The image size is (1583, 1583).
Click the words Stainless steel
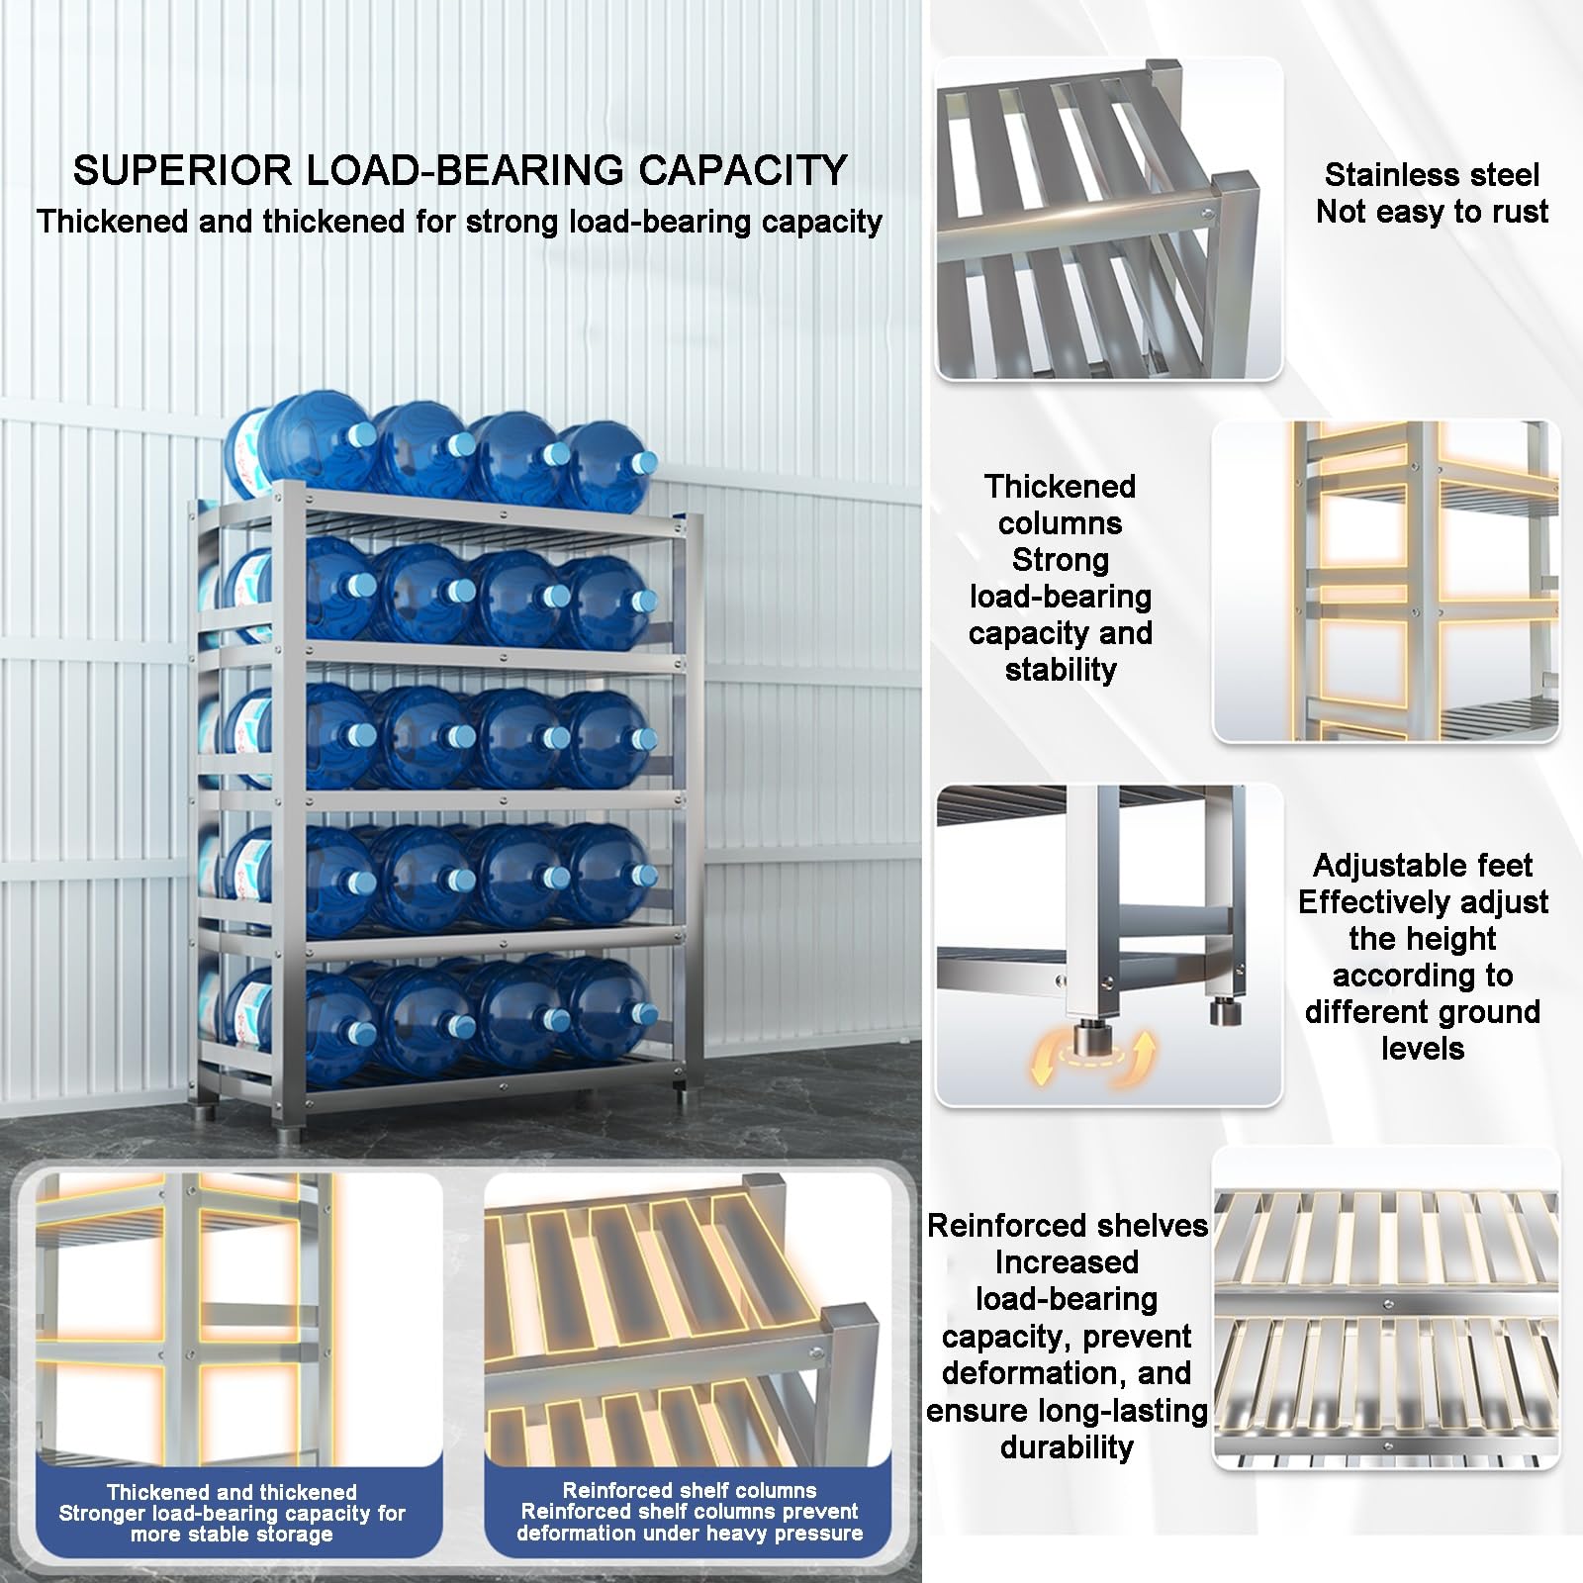pyautogui.click(x=1432, y=175)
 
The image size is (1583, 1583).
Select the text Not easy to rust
pyautogui.click(x=1432, y=212)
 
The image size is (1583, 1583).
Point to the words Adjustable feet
pyautogui.click(x=1423, y=866)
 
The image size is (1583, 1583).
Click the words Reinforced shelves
pyautogui.click(x=1068, y=1226)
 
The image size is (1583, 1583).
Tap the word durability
pyautogui.click(x=1067, y=1446)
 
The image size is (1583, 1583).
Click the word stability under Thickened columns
pyautogui.click(x=1061, y=670)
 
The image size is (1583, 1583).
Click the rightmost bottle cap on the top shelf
pyautogui.click(x=644, y=462)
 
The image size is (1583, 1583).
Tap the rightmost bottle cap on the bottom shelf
pyautogui.click(x=644, y=1013)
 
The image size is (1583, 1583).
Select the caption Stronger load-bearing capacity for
pyautogui.click(x=233, y=1513)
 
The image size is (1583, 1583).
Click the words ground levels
pyautogui.click(x=1423, y=1030)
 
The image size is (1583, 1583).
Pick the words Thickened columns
pyautogui.click(x=1061, y=505)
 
